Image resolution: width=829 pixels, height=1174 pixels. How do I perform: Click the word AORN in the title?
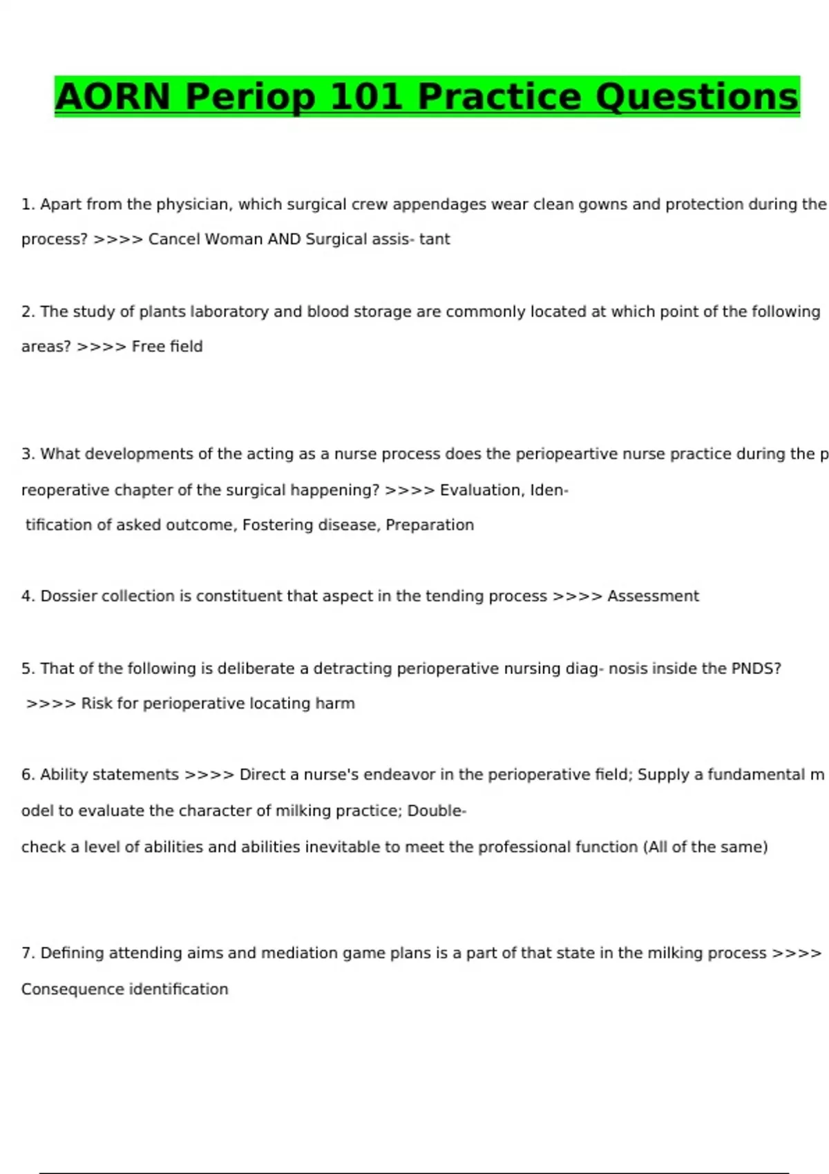(x=113, y=97)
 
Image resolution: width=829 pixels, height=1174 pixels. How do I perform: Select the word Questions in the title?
(x=696, y=97)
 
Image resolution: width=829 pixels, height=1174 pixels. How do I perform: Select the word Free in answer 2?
(x=148, y=346)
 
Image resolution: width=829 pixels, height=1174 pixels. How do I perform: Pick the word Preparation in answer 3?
(x=430, y=525)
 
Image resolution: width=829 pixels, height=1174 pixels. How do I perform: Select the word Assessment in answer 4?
(x=653, y=596)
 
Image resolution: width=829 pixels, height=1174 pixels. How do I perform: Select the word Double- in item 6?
(x=437, y=811)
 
